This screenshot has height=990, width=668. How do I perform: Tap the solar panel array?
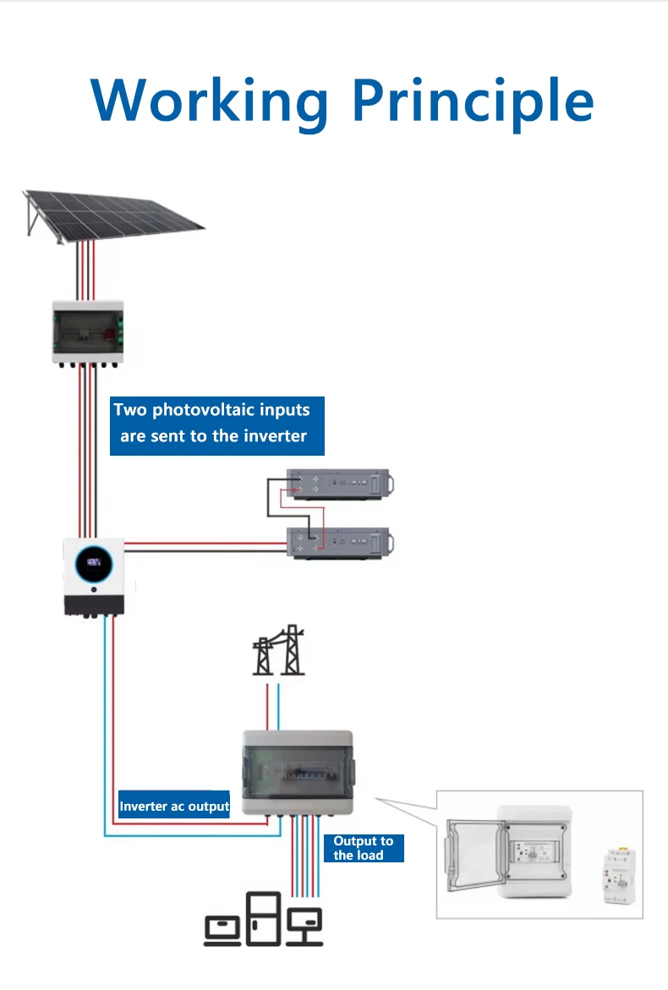112,216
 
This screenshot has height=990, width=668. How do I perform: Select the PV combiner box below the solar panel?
88,333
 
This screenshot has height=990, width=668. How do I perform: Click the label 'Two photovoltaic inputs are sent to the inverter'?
216,425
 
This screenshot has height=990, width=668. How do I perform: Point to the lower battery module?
340,543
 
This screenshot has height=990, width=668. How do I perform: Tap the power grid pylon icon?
278,650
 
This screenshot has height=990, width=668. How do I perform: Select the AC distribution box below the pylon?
298,773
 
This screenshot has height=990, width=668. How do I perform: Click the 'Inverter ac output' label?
174,806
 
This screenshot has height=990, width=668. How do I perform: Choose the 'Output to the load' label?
364,848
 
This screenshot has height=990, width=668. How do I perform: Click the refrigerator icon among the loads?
263,918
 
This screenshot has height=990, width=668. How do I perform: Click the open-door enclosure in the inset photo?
508,851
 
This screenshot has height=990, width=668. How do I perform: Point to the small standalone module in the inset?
619,875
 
